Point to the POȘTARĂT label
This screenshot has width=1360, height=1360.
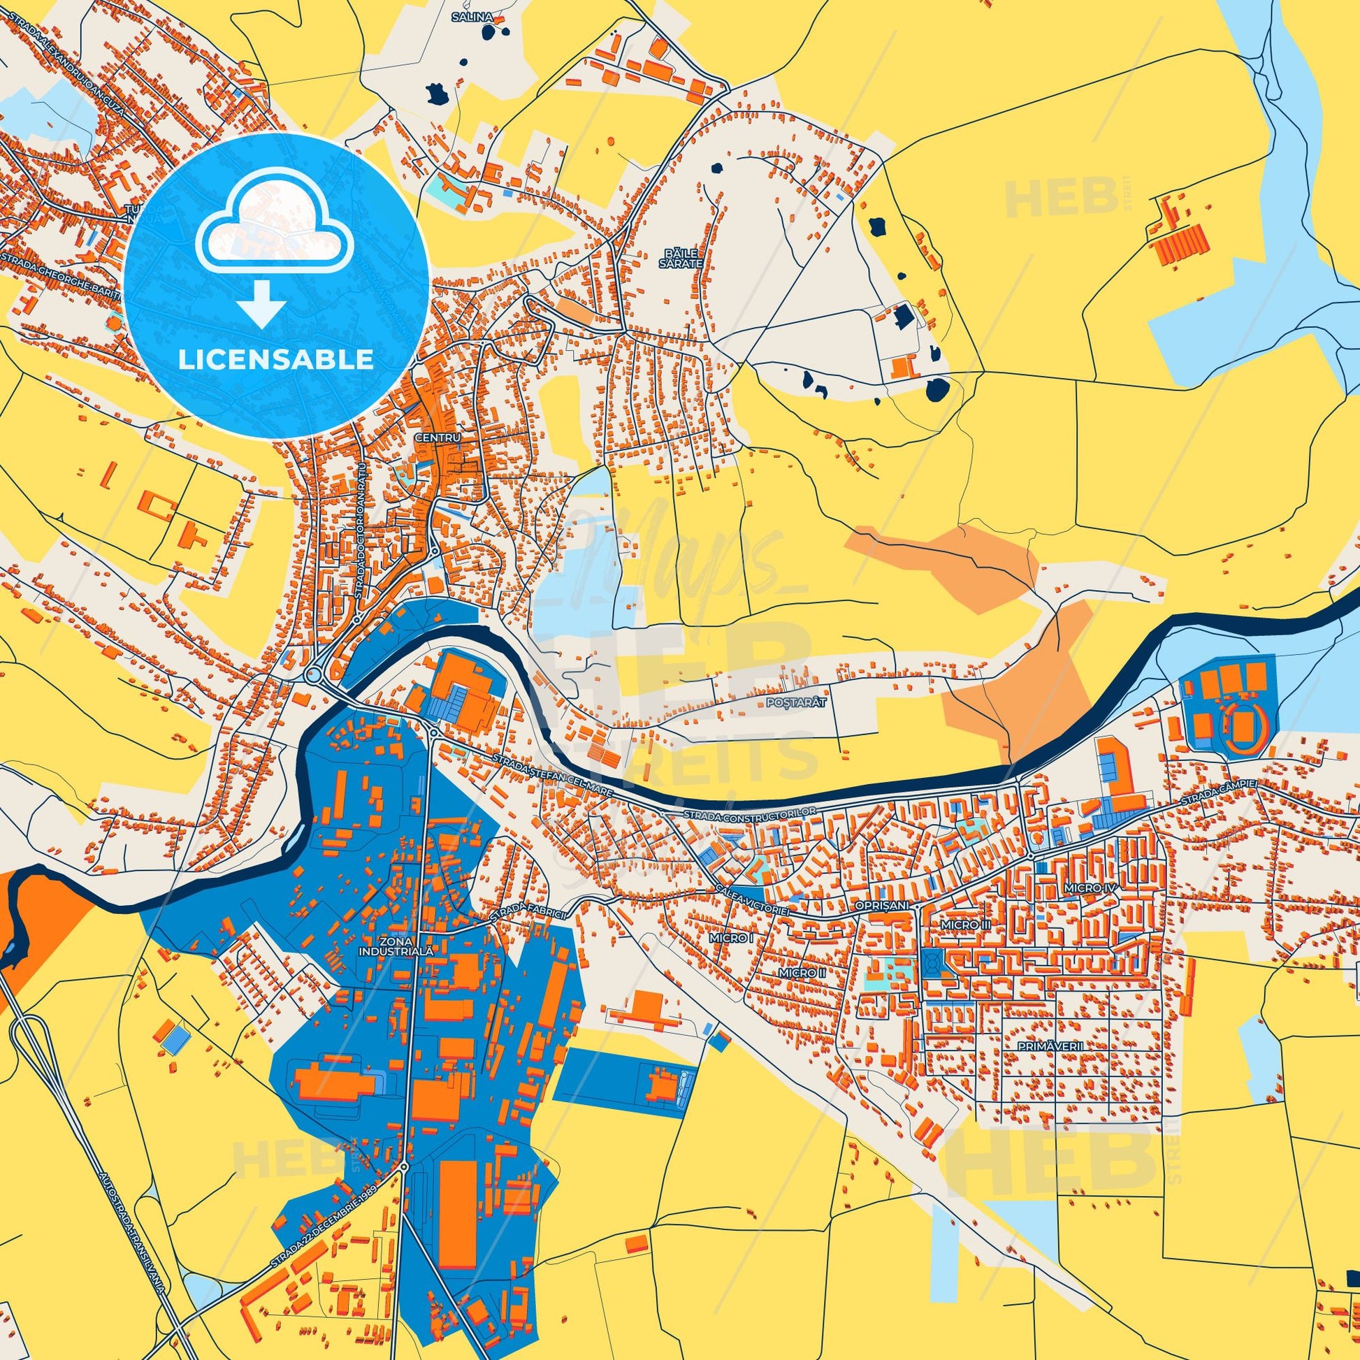click(x=792, y=702)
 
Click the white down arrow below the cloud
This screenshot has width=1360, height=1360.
click(x=261, y=303)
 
